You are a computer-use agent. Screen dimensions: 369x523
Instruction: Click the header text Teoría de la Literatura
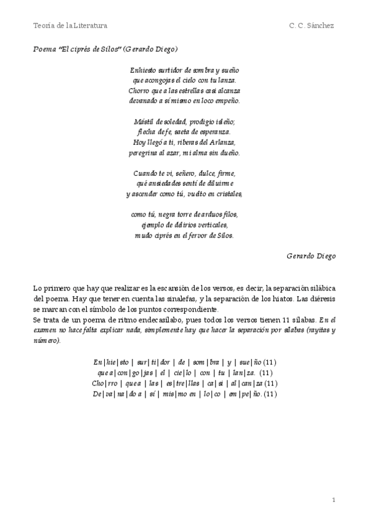click(70, 25)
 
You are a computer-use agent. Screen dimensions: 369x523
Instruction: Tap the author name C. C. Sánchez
click(311, 25)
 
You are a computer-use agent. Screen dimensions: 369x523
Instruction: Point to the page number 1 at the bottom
click(333, 499)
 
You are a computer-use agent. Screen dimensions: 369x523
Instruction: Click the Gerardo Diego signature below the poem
click(310, 255)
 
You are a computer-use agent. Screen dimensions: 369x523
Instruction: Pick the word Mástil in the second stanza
click(143, 121)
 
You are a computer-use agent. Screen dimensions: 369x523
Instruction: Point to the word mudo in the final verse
click(144, 235)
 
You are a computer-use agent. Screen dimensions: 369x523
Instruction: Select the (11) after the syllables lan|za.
click(266, 373)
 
